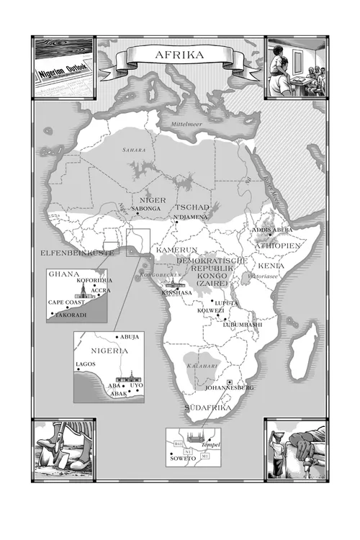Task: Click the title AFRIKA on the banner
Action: [x=180, y=54]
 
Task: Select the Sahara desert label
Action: [x=133, y=150]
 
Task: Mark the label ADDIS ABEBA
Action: [x=272, y=230]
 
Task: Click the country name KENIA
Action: [x=271, y=266]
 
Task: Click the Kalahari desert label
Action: [x=197, y=366]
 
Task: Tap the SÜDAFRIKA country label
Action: [x=208, y=408]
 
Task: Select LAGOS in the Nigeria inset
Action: [x=86, y=365]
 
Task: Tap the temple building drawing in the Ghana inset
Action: [x=85, y=292]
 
